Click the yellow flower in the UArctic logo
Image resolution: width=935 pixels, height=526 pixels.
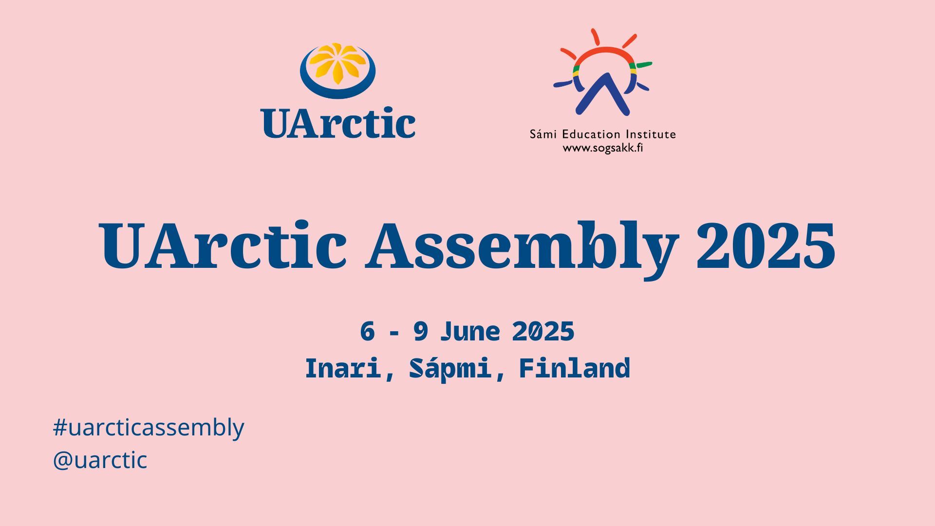pos(337,63)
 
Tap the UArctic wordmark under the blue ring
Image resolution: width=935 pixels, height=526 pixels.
pos(338,123)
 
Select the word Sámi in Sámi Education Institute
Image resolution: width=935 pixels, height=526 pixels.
pos(542,134)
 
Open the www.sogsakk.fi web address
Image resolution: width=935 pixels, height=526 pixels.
pos(603,148)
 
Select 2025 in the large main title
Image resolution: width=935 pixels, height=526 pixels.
pos(766,246)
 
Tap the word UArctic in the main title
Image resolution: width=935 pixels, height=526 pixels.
pos(223,246)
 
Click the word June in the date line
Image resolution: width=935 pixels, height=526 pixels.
pos(470,332)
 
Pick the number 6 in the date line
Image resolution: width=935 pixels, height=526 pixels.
pos(368,332)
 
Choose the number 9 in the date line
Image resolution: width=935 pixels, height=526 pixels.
pos(420,332)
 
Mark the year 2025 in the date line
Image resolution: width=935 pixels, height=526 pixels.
pos(543,332)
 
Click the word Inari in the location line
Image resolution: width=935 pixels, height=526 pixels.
pos(343,369)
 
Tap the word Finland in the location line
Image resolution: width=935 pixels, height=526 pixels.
pos(575,369)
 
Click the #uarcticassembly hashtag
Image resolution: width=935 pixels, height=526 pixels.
pos(149,428)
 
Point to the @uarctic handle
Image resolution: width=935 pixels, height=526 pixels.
pos(100,460)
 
